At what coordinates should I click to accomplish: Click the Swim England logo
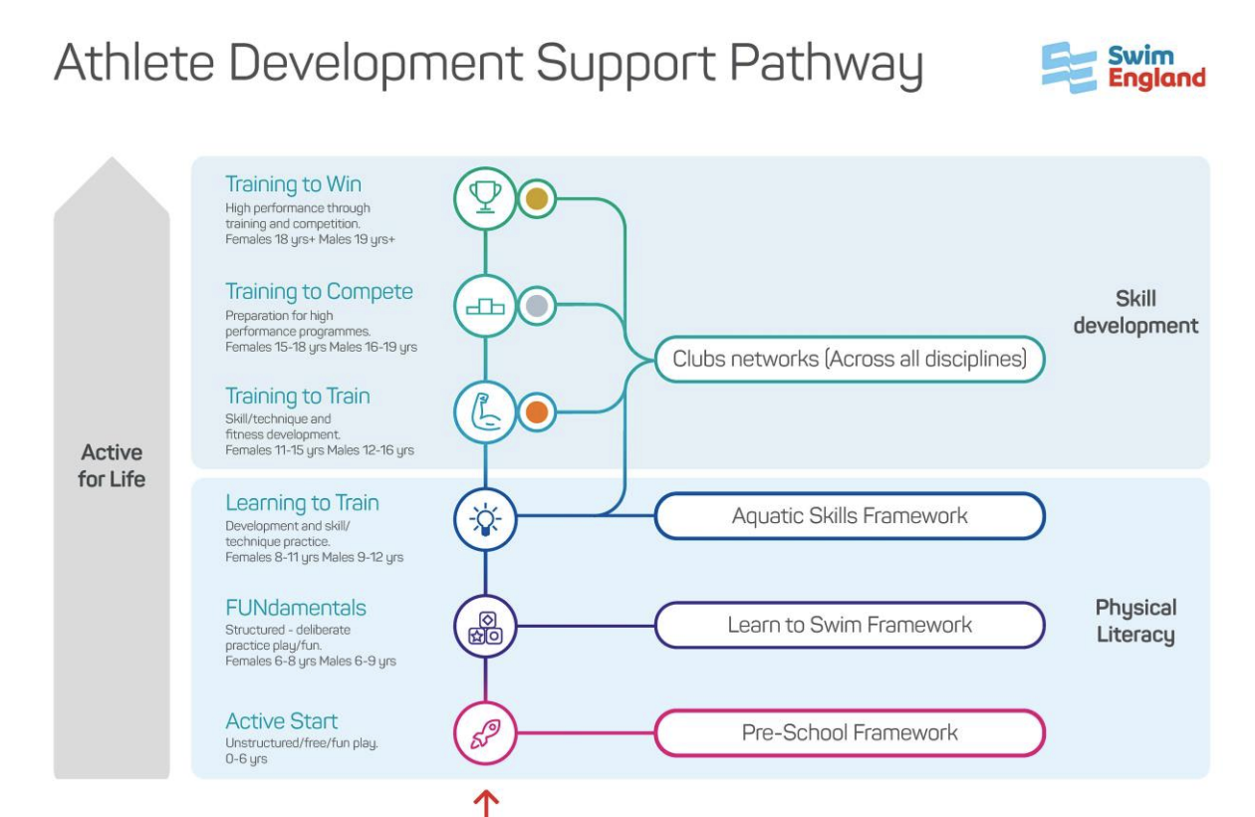1123,68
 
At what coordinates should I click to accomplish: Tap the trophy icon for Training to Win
484,197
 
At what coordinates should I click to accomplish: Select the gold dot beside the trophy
537,197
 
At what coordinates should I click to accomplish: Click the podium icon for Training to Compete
484,306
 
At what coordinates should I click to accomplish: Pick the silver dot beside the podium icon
537,306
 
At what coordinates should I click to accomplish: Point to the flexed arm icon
484,412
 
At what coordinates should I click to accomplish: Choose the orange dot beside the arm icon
537,412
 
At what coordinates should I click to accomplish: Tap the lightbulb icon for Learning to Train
484,517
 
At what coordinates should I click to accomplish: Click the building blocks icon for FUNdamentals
484,626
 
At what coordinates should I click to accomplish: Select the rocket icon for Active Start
484,733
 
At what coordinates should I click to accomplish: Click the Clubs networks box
850,359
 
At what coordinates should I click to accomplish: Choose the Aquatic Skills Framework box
850,516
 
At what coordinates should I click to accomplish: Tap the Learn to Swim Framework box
850,626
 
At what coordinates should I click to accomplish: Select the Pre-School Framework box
850,733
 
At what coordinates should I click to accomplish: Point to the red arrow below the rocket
485,802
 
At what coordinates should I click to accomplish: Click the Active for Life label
113,466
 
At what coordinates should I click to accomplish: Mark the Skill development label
1135,312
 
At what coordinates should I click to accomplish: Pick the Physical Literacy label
1135,621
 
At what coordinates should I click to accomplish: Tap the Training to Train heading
297,396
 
